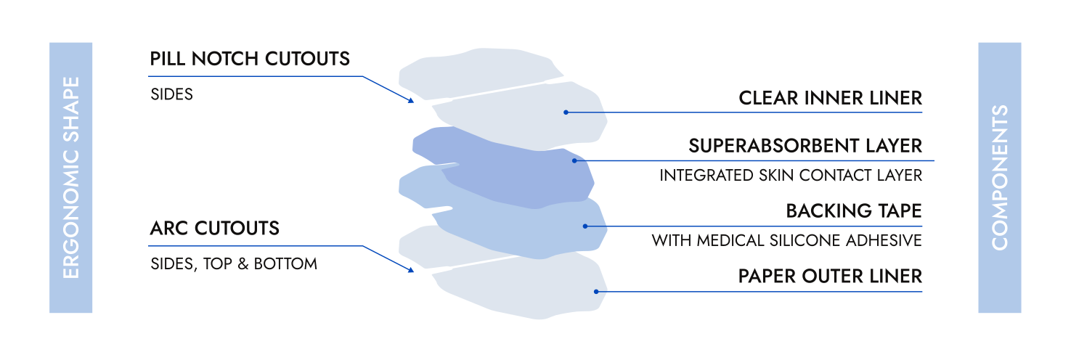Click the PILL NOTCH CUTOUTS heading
click(x=250, y=59)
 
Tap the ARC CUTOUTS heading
click(x=214, y=229)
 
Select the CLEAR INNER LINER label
click(x=830, y=98)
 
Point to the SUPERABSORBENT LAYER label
click(x=805, y=147)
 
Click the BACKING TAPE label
click(x=853, y=212)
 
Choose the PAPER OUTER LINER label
click(x=830, y=277)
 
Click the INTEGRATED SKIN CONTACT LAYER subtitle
click(x=790, y=176)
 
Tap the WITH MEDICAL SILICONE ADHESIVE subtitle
click(x=786, y=240)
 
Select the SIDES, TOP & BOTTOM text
click(x=233, y=264)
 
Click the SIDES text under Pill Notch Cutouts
click(x=171, y=95)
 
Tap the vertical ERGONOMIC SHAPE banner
click(x=70, y=178)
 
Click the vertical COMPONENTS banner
click(x=999, y=178)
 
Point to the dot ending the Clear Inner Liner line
click(x=566, y=112)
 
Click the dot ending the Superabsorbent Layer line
click(x=574, y=160)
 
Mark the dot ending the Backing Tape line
click(x=585, y=226)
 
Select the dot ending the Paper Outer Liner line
click(x=596, y=292)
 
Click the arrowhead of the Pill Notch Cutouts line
click(x=411, y=100)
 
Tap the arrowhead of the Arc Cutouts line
click(x=411, y=270)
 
